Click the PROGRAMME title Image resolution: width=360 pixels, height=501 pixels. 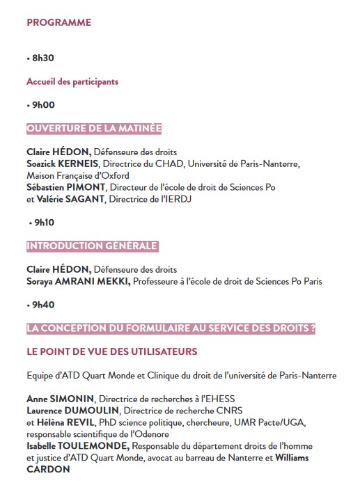58,22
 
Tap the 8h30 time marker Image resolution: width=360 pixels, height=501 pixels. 42,58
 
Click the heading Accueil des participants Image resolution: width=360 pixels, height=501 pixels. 72,81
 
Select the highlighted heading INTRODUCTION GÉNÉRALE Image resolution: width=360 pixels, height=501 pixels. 92,246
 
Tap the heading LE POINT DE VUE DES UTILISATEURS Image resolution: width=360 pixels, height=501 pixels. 112,351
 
